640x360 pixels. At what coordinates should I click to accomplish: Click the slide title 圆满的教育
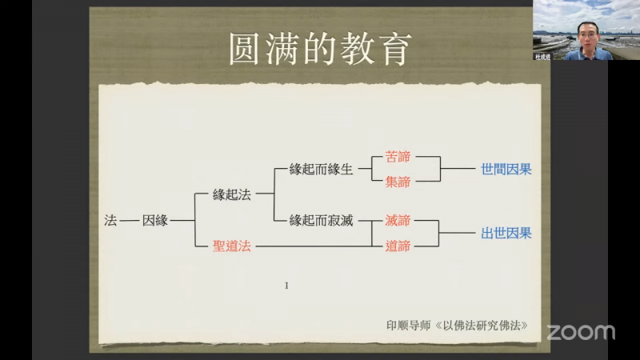click(x=320, y=49)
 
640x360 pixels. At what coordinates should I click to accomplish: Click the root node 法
click(x=110, y=221)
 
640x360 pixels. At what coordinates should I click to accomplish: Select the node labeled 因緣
click(x=155, y=221)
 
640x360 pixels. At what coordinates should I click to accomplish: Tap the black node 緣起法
click(x=232, y=194)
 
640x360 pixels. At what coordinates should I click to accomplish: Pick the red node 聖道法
click(x=232, y=246)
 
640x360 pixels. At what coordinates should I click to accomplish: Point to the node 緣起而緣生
click(x=322, y=169)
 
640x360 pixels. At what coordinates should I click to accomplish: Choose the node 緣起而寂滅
click(x=322, y=221)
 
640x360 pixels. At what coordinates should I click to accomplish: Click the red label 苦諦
click(x=398, y=157)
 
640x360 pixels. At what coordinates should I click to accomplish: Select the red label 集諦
click(x=398, y=182)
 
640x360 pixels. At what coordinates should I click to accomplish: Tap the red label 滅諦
click(x=398, y=221)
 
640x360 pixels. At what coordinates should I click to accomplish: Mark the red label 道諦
click(x=398, y=246)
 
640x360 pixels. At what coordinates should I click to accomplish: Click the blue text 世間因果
click(x=506, y=169)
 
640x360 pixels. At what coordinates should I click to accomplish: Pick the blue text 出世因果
click(x=506, y=233)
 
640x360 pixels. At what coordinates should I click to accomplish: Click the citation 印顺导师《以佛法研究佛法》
click(x=457, y=326)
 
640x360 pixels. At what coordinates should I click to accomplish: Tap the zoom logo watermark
click(x=581, y=332)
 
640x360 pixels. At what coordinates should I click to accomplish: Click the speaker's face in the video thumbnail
click(x=588, y=36)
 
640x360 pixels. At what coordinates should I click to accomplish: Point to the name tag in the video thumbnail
click(x=543, y=57)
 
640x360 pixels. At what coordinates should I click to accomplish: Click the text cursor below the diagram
click(x=286, y=286)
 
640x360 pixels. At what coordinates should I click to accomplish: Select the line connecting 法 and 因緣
click(x=130, y=221)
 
